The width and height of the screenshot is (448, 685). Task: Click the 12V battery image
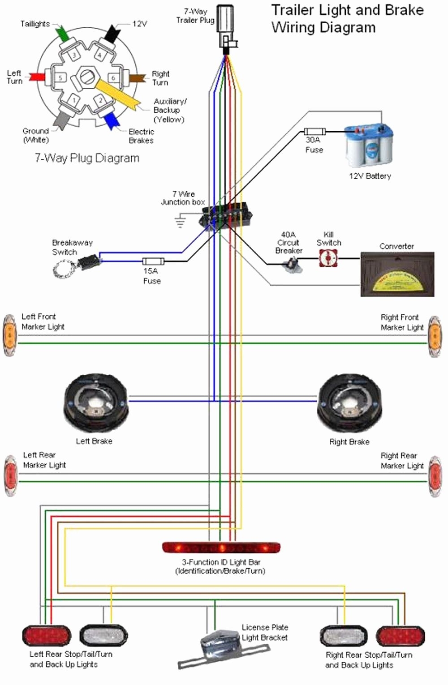click(369, 147)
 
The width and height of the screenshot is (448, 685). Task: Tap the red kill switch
click(328, 259)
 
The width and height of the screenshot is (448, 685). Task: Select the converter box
click(397, 274)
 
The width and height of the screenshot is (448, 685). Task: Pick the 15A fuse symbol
click(153, 261)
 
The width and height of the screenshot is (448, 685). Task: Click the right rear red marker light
click(435, 476)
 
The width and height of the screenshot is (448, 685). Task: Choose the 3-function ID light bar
click(221, 547)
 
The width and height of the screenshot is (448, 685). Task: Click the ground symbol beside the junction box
click(180, 221)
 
